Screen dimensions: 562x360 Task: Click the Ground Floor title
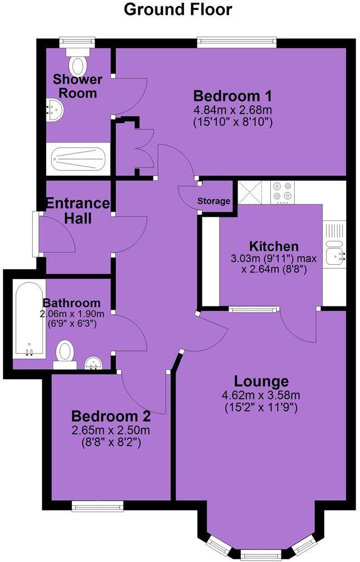tap(178, 9)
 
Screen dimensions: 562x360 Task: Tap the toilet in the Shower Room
tap(78, 63)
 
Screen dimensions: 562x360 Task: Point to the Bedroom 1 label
tap(232, 95)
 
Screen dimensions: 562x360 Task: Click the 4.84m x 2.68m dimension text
tap(232, 110)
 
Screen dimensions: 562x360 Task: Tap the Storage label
tap(214, 201)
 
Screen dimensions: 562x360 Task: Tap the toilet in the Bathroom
tap(65, 351)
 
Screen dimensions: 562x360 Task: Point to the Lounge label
tap(261, 381)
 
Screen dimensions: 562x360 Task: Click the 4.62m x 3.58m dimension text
tap(261, 395)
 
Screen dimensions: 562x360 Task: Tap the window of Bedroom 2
tap(97, 506)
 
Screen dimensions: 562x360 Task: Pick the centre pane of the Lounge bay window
tap(261, 555)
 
